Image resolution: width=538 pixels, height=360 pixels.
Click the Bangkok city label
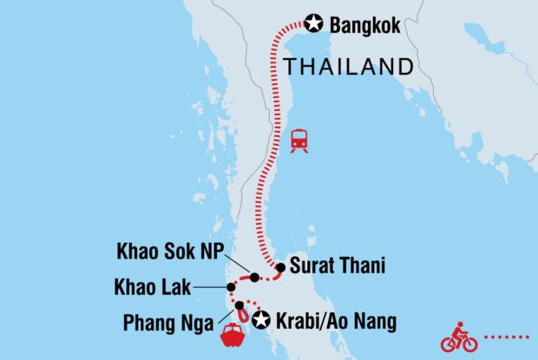pyautogui.click(x=365, y=26)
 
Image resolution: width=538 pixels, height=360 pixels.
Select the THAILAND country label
pyautogui.click(x=346, y=66)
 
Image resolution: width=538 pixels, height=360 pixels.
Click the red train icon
pyautogui.click(x=299, y=141)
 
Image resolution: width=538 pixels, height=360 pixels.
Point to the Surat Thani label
pyautogui.click(x=338, y=268)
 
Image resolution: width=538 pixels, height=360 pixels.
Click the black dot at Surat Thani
pyautogui.click(x=281, y=267)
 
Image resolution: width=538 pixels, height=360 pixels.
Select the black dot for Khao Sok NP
pyautogui.click(x=254, y=278)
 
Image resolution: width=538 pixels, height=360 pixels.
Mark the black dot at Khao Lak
pyautogui.click(x=230, y=287)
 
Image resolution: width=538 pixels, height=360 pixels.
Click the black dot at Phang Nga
pyautogui.click(x=239, y=305)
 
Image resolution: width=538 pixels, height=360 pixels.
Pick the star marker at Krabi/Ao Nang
pyautogui.click(x=259, y=319)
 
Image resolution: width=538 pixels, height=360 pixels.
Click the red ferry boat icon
pyautogui.click(x=235, y=336)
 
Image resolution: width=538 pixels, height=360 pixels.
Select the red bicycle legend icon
pyautogui.click(x=459, y=337)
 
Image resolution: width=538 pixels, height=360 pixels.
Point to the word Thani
pyautogui.click(x=364, y=268)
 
